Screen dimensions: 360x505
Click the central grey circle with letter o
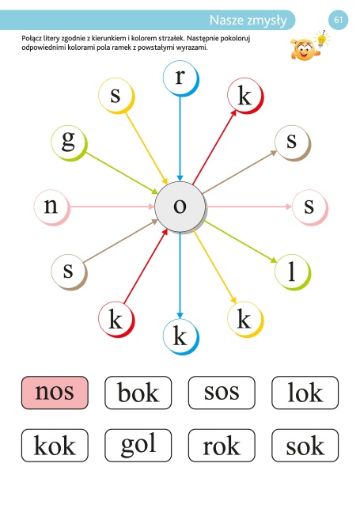[x=180, y=207]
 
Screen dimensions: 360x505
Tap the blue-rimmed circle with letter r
[x=180, y=78]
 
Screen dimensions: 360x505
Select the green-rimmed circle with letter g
[x=69, y=143]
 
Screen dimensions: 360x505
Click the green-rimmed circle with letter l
[x=293, y=272]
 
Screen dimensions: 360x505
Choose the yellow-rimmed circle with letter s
[x=116, y=96]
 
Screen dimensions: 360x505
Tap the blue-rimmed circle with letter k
[x=180, y=336]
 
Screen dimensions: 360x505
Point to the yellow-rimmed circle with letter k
[x=245, y=319]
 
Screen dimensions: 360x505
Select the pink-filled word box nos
[x=55, y=393]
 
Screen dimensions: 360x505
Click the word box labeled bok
[x=138, y=393]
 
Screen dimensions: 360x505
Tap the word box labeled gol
[x=138, y=446]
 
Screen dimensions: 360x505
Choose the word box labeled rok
[x=222, y=446]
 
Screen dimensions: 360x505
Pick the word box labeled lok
[x=305, y=393]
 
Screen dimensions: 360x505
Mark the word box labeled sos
[x=222, y=393]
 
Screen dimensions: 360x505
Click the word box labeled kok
[x=55, y=446]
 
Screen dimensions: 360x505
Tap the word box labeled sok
[x=305, y=446]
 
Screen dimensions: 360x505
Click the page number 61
[x=338, y=20]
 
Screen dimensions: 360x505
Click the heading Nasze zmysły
[x=248, y=21]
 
